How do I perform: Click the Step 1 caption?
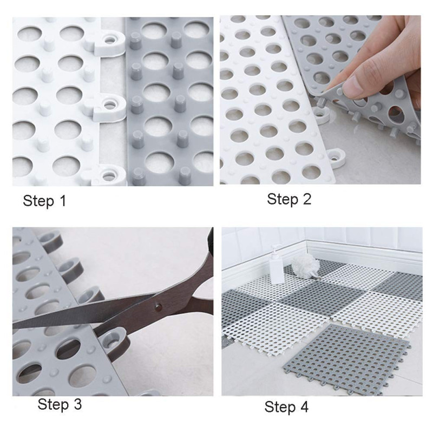point(45,201)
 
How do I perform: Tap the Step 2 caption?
point(289,199)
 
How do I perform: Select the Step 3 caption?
point(60,404)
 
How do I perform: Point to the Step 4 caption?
point(286,407)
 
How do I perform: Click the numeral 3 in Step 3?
point(78,404)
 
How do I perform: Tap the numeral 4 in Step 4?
point(304,406)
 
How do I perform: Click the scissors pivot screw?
point(159,306)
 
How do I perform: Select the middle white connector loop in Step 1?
point(109,107)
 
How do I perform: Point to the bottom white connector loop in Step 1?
point(109,175)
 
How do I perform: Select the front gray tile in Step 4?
point(345,359)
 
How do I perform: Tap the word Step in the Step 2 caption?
point(282,199)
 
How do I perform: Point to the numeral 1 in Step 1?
point(63,200)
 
